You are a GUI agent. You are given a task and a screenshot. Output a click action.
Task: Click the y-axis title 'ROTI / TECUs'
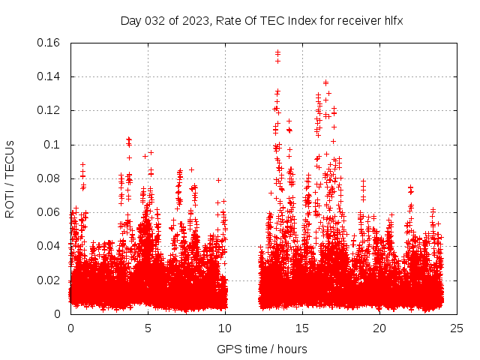pyautogui.click(x=10, y=178)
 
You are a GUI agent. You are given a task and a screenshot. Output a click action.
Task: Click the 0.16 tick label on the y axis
pyautogui.click(x=49, y=43)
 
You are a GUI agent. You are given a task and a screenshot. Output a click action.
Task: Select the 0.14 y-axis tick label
pyautogui.click(x=49, y=76)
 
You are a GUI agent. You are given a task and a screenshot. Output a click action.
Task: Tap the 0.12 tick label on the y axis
pyautogui.click(x=49, y=110)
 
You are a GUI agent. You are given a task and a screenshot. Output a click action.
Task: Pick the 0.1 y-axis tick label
pyautogui.click(x=52, y=145)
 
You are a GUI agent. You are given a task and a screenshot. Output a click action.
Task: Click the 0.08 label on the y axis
pyautogui.click(x=49, y=178)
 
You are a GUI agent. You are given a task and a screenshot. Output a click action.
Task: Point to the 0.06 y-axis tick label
pyautogui.click(x=49, y=212)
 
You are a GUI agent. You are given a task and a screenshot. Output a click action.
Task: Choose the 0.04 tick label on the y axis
pyautogui.click(x=49, y=246)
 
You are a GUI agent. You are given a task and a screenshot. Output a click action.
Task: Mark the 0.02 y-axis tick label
pyautogui.click(x=49, y=280)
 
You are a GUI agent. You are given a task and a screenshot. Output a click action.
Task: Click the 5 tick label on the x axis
pyautogui.click(x=148, y=328)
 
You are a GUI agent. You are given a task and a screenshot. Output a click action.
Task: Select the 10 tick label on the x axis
pyautogui.click(x=225, y=328)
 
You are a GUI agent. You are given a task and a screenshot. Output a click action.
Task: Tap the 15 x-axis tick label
pyautogui.click(x=302, y=328)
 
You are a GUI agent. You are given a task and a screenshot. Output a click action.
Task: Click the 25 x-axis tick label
pyautogui.click(x=457, y=328)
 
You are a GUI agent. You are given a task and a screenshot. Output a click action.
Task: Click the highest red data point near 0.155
pyautogui.click(x=277, y=52)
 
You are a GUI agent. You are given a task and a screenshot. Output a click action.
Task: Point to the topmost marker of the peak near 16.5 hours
pyautogui.click(x=325, y=82)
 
